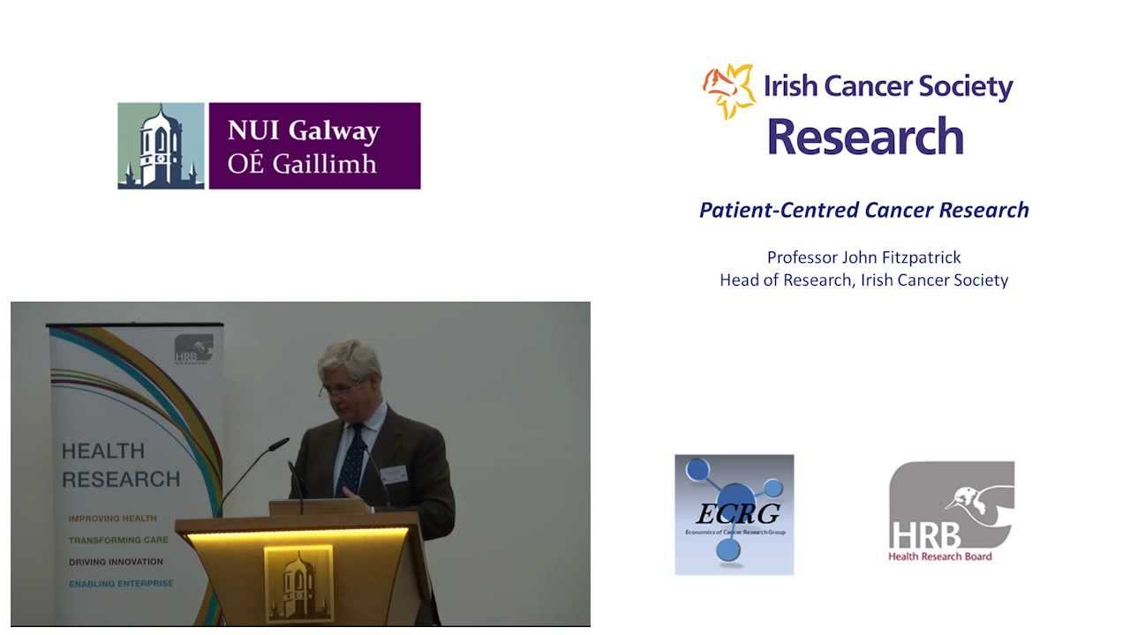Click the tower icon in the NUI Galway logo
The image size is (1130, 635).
(x=161, y=146)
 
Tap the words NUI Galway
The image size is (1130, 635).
(x=303, y=131)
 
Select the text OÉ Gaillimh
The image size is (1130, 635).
(x=302, y=164)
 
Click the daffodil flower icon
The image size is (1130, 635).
(x=729, y=89)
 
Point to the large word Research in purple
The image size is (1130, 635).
(x=865, y=137)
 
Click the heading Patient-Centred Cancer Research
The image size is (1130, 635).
(x=863, y=210)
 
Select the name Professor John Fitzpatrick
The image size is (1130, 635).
(x=863, y=258)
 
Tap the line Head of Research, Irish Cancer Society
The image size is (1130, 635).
(x=863, y=280)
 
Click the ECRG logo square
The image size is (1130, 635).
(x=734, y=514)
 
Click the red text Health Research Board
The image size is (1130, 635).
(x=939, y=557)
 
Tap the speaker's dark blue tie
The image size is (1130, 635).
(x=351, y=459)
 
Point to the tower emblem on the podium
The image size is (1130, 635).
(x=298, y=583)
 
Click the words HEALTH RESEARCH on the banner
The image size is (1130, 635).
(x=120, y=465)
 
